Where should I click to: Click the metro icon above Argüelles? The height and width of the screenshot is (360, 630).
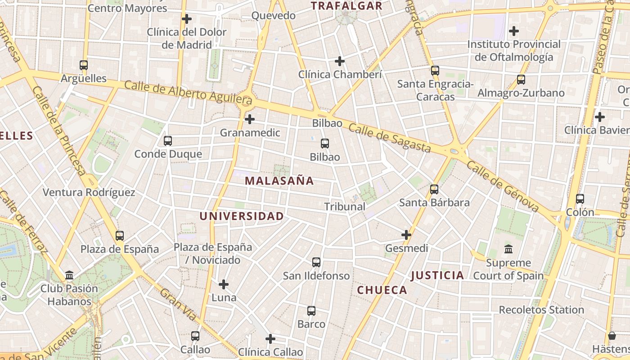(83, 65)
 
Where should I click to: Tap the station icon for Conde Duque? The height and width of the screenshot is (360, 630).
(168, 141)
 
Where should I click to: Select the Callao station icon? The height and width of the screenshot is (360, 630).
(195, 336)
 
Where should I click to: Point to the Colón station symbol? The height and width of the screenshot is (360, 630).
(580, 199)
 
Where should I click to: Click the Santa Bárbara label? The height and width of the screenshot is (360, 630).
(434, 202)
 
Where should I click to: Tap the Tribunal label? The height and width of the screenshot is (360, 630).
(345, 207)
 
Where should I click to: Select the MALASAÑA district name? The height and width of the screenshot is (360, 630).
(279, 181)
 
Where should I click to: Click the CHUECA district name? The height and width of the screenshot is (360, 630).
(382, 290)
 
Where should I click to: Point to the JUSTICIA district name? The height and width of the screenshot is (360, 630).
(437, 275)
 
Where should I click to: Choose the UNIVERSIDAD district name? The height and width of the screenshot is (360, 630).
(242, 216)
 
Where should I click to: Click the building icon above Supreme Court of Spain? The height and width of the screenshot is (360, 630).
(508, 249)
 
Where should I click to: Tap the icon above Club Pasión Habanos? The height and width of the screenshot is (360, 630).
(69, 275)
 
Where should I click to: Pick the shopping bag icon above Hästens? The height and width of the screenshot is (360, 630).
(612, 336)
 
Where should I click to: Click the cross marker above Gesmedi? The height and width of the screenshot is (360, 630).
(406, 235)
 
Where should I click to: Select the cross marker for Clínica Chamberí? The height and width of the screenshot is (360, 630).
(340, 61)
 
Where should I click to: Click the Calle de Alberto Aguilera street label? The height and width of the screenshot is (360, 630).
(188, 91)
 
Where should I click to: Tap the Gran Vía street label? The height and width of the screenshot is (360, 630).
(178, 305)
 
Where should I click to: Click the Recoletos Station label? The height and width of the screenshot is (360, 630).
(541, 310)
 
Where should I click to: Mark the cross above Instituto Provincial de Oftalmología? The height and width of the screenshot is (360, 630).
(513, 31)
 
